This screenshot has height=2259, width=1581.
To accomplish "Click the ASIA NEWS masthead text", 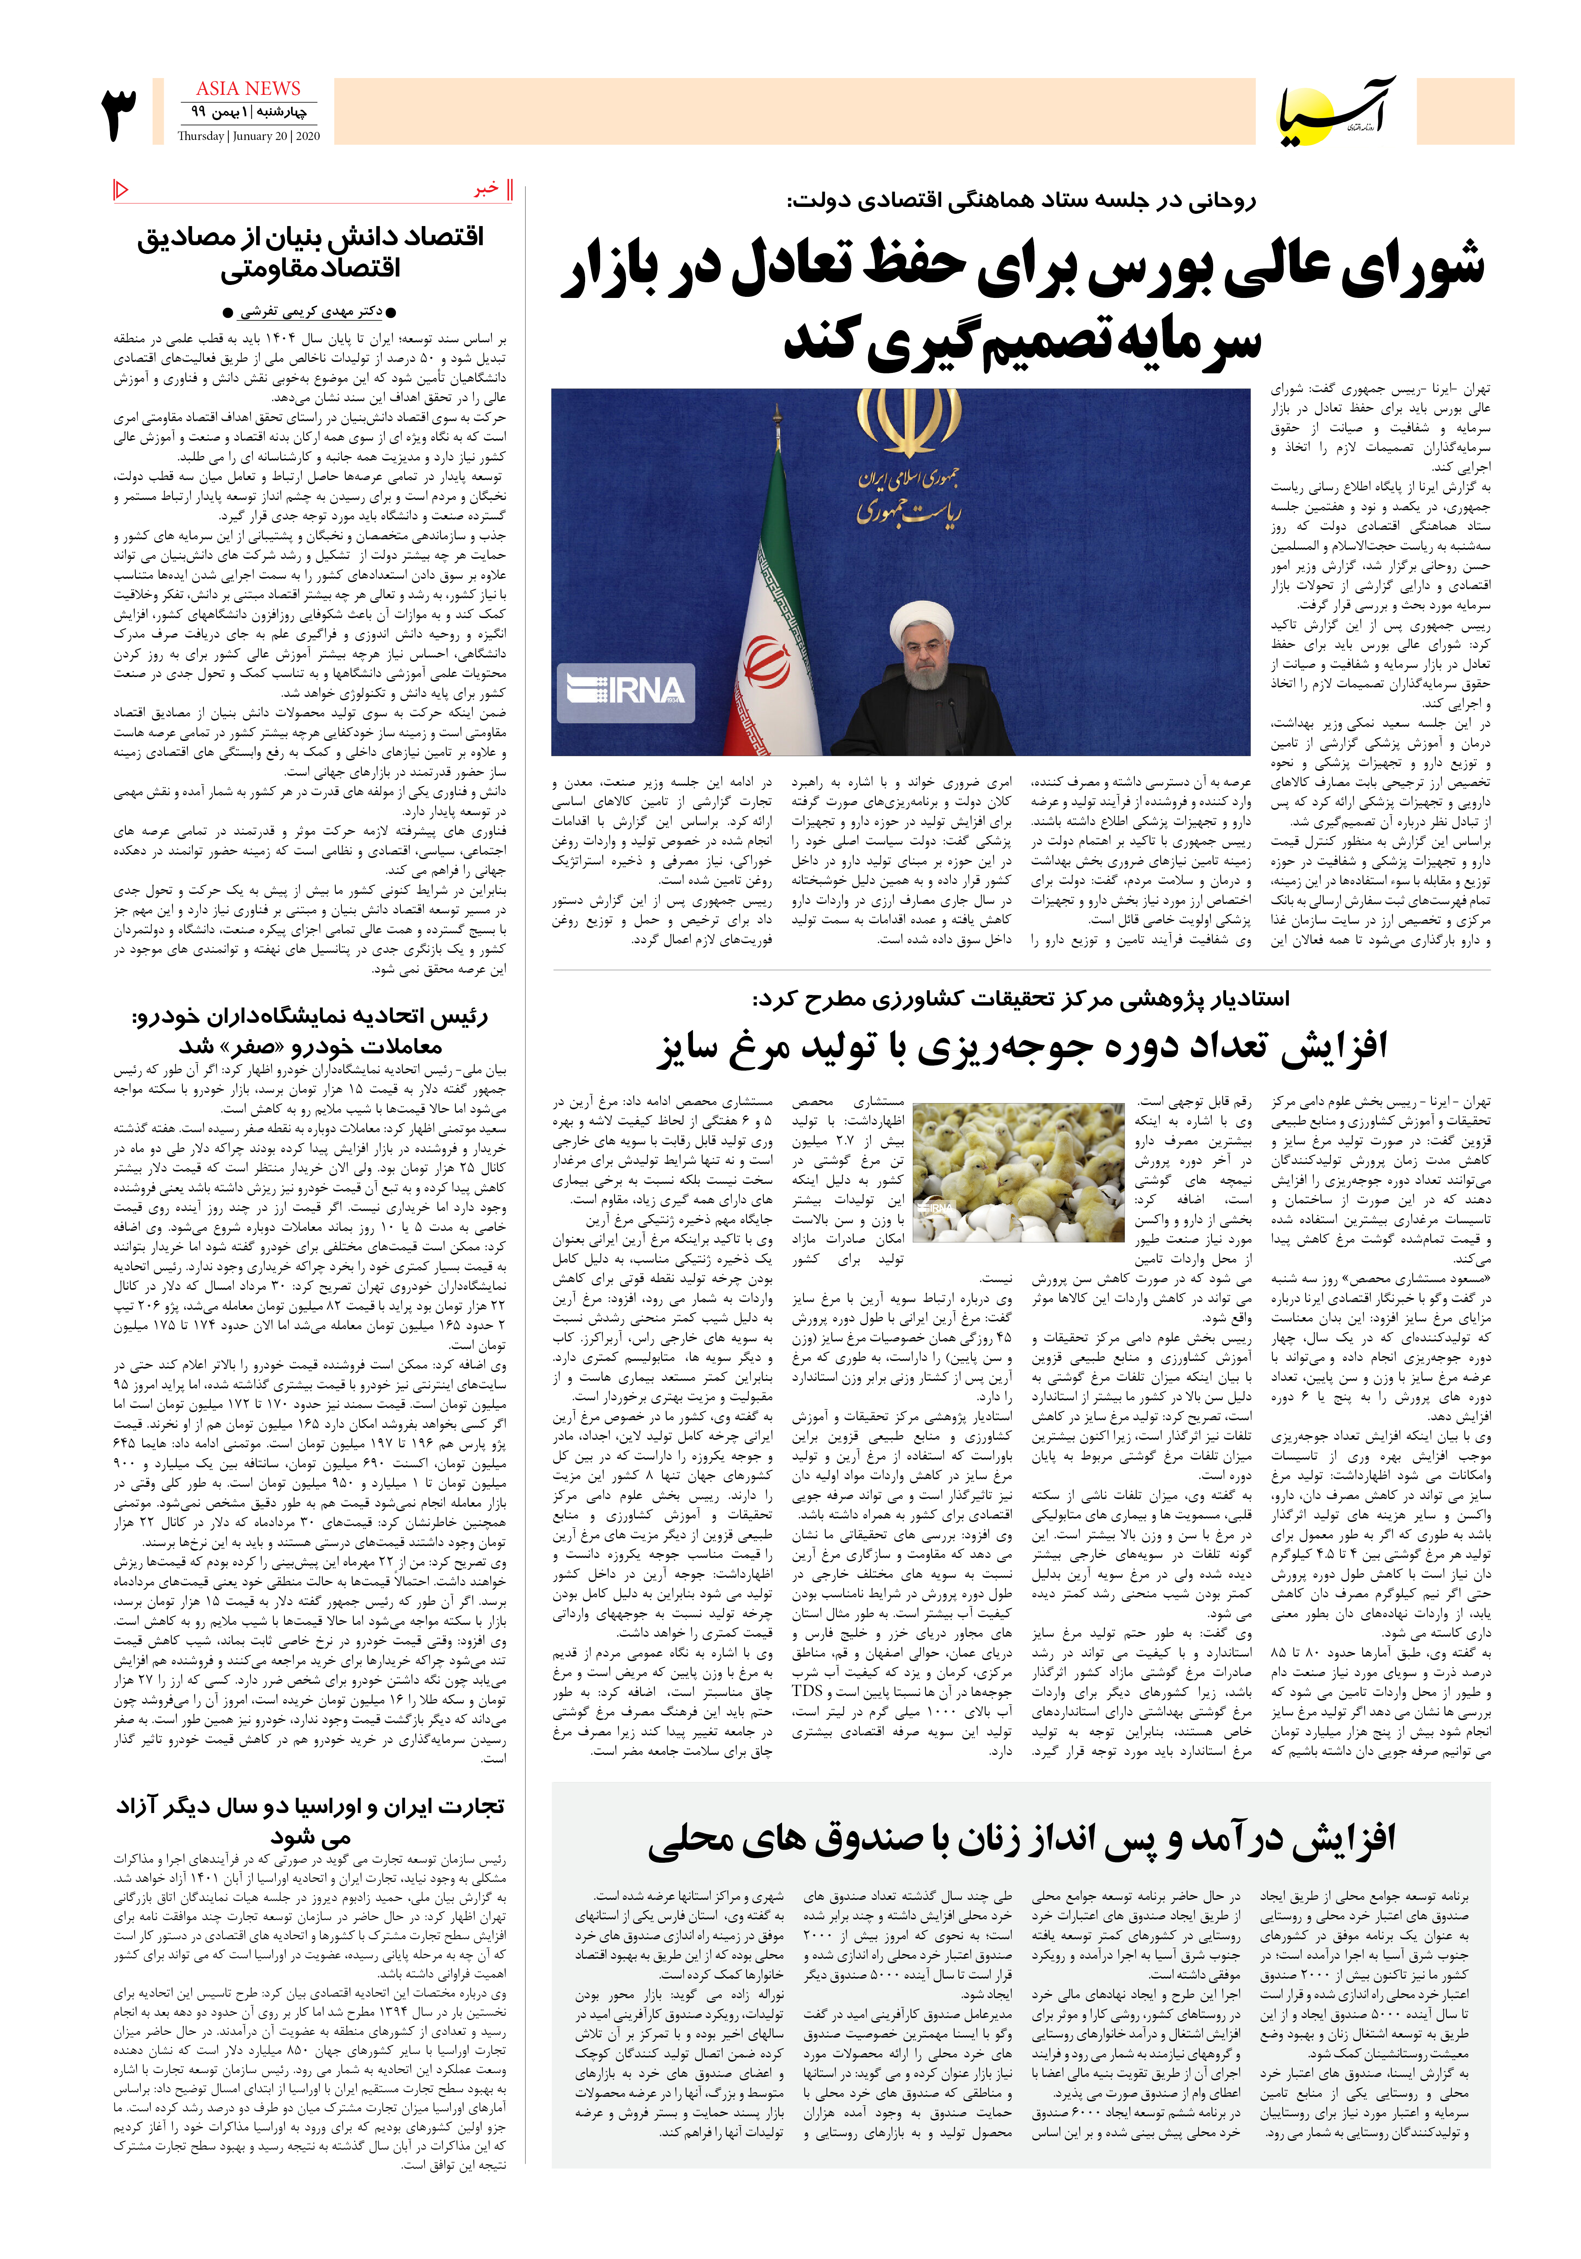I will point(248,89).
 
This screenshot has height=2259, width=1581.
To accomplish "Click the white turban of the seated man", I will point(922,620).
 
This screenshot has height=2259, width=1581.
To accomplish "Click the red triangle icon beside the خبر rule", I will point(121,188).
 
